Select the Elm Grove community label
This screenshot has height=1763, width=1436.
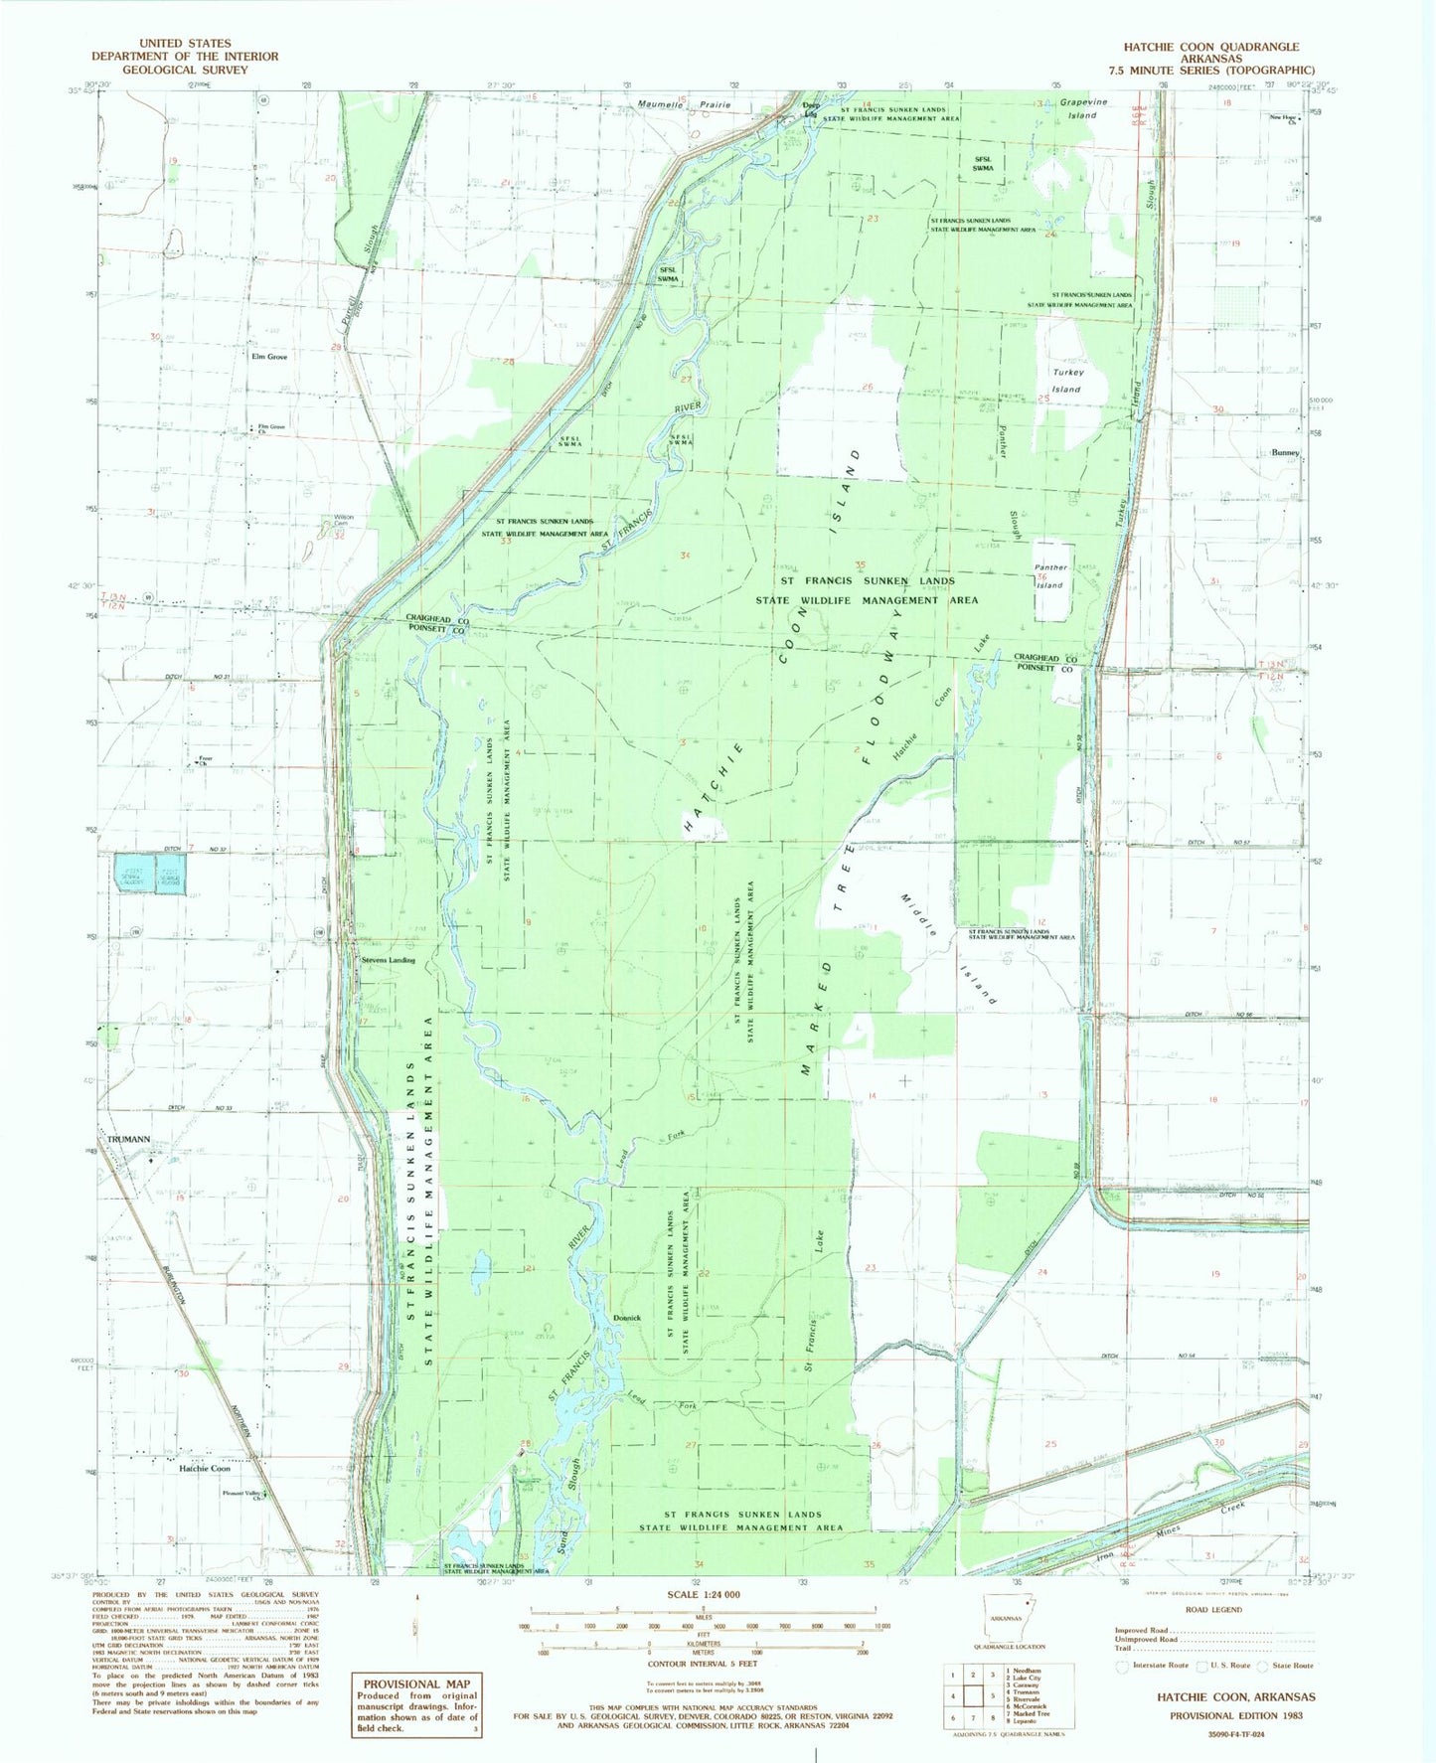coord(269,356)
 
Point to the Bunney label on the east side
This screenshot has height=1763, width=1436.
coord(1285,452)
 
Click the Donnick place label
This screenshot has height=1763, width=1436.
coord(627,1318)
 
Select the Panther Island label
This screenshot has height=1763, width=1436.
coord(1050,576)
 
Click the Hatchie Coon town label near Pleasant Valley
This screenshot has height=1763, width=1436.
coord(205,1468)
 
